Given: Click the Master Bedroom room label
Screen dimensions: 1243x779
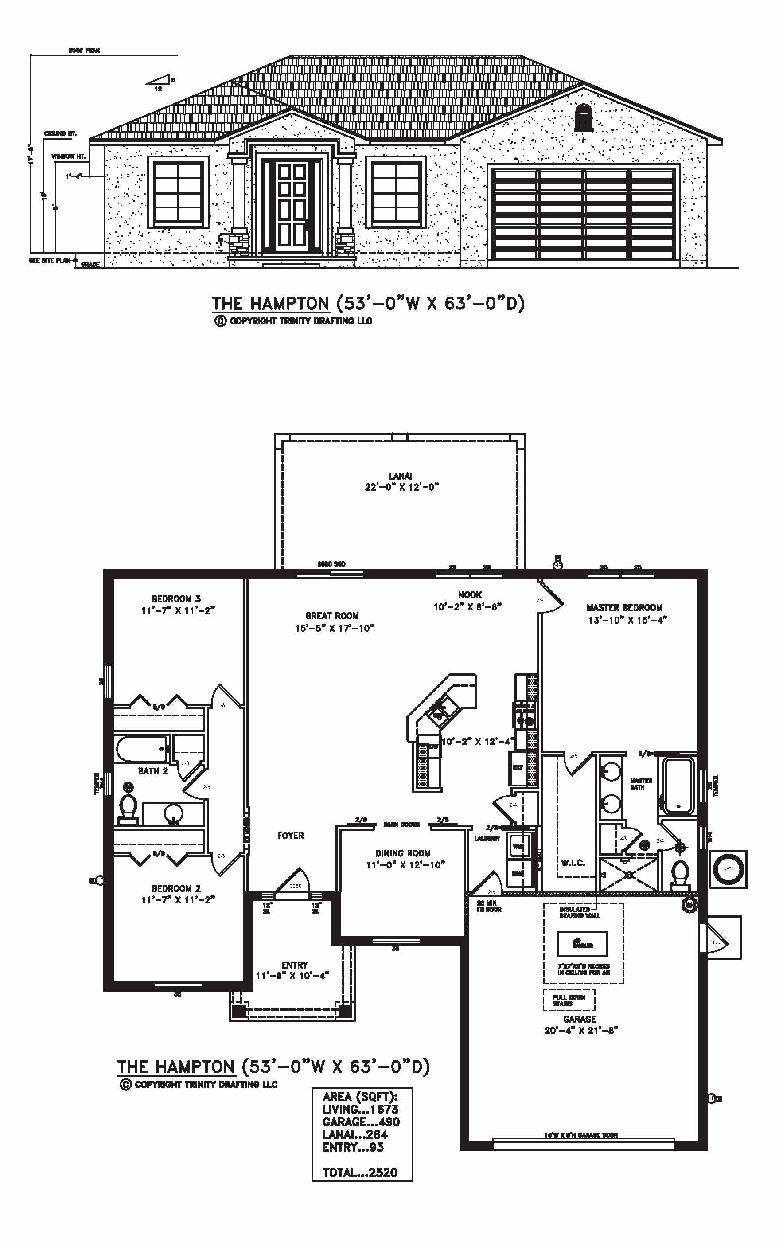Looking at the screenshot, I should pos(624,608).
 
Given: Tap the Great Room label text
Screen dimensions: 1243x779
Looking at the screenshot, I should pos(332,616).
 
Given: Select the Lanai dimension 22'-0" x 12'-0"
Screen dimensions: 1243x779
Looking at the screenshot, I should pos(401,487).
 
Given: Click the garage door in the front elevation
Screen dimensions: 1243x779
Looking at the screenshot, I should pos(584,213).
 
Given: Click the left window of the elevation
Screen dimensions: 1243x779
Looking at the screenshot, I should pos(178,192).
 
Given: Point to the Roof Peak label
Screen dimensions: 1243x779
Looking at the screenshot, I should pos(84,51).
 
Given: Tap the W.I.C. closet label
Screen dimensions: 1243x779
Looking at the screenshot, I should pos(573,863).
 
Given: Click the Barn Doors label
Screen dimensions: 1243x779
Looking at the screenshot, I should pos(401,825).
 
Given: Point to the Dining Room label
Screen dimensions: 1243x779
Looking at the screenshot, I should pos(402,853).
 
